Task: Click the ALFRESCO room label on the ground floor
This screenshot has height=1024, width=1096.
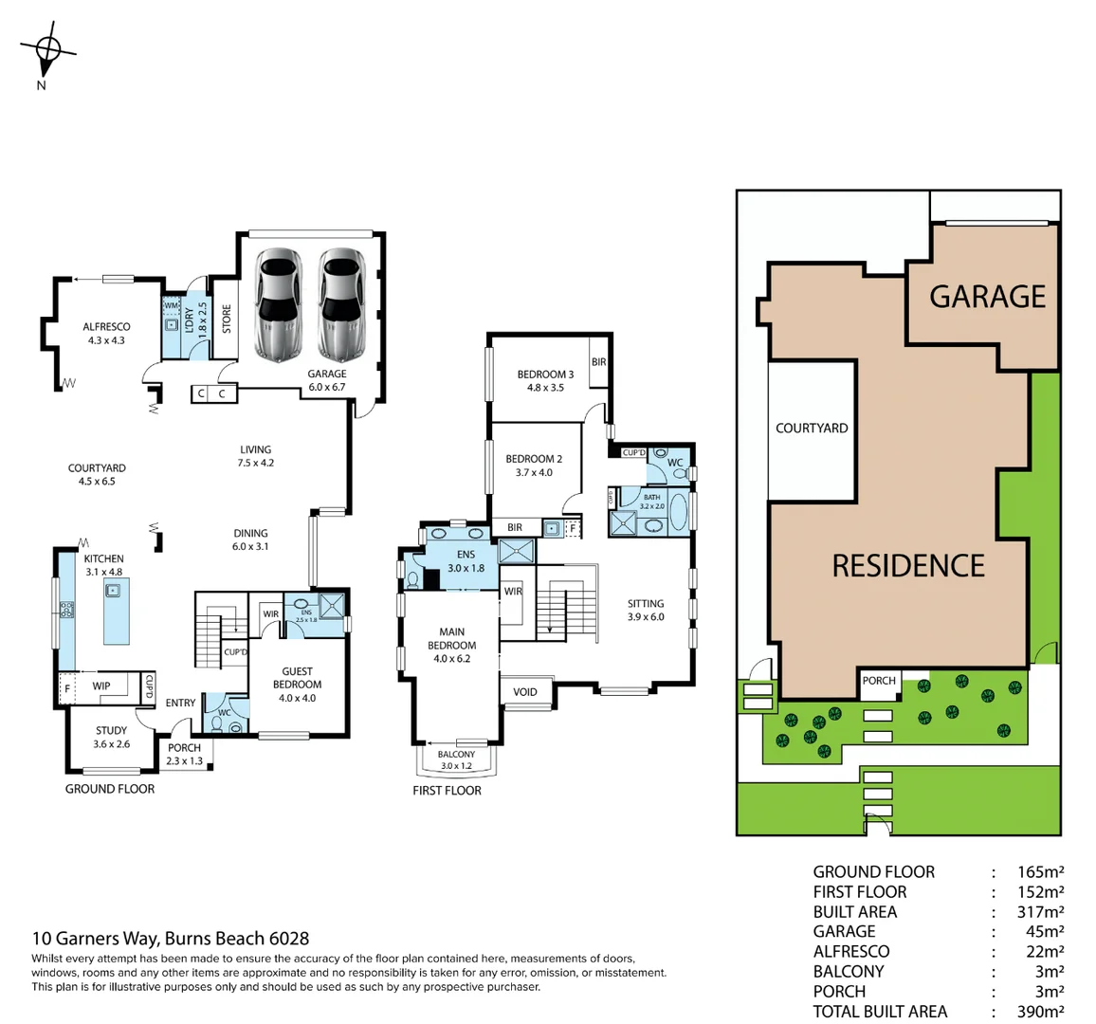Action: click(106, 327)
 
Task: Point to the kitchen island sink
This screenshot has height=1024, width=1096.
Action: click(113, 591)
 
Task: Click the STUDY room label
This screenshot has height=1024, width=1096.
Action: click(111, 730)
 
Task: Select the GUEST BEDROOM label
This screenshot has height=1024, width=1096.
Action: click(297, 678)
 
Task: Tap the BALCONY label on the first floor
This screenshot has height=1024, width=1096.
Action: click(456, 755)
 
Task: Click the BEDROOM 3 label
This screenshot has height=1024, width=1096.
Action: click(545, 375)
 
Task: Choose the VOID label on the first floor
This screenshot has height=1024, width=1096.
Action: click(524, 692)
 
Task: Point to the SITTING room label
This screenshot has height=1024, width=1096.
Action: click(646, 603)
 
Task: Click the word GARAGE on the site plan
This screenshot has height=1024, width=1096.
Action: click(987, 297)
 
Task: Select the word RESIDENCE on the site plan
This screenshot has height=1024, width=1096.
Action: click(908, 566)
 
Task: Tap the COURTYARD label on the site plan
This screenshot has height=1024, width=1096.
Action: click(812, 429)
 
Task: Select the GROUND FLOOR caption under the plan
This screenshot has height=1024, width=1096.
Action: click(110, 789)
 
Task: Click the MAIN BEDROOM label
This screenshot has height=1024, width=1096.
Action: click(452, 638)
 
